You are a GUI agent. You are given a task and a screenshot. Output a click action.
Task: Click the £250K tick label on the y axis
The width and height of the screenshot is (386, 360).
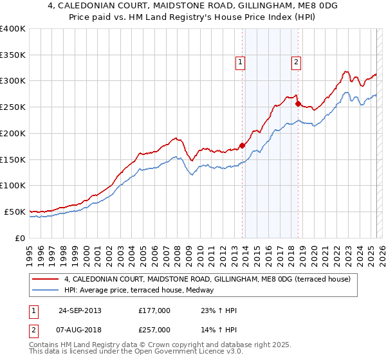13,107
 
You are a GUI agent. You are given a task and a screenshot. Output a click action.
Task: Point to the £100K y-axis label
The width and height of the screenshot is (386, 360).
13,185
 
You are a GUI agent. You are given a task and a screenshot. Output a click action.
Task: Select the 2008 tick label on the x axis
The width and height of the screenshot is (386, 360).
177,251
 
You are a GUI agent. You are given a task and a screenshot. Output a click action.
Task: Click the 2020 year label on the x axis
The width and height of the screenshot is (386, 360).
313,251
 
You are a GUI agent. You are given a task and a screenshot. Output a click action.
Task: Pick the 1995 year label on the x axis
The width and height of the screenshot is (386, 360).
29,251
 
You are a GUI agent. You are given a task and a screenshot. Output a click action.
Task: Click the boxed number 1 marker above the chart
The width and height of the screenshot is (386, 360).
240,62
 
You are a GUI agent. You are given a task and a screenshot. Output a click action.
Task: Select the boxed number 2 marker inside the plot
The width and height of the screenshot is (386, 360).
295,62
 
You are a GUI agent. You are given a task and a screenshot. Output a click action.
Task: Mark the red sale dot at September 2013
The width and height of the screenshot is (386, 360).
243,145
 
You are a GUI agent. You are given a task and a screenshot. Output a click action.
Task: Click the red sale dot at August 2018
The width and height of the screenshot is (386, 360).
298,104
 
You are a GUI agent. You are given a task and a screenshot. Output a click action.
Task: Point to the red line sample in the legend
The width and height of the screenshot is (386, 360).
46,279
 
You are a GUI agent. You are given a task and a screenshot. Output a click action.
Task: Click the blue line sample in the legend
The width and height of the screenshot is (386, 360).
46,290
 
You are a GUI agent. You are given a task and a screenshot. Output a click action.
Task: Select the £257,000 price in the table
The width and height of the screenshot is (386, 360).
154,330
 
